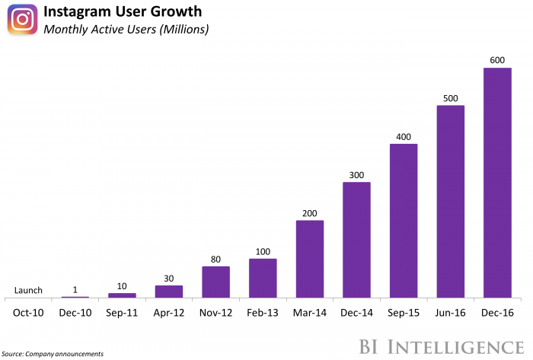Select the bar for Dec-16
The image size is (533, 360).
(497, 183)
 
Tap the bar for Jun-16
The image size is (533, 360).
(450, 202)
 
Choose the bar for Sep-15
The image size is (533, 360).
(404, 221)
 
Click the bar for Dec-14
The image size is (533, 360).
(356, 240)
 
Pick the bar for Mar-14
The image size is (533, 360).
(310, 259)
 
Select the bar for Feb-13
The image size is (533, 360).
(263, 279)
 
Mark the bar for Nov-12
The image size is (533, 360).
(216, 282)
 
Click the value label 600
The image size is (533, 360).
(497, 60)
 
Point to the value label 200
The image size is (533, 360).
(310, 213)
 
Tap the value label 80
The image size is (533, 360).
(216, 259)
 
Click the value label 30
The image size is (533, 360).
(169, 279)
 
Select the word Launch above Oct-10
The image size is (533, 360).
(28, 290)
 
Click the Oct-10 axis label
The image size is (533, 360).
(28, 312)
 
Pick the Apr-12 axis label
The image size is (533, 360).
(169, 312)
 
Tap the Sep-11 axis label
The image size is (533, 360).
(122, 312)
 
